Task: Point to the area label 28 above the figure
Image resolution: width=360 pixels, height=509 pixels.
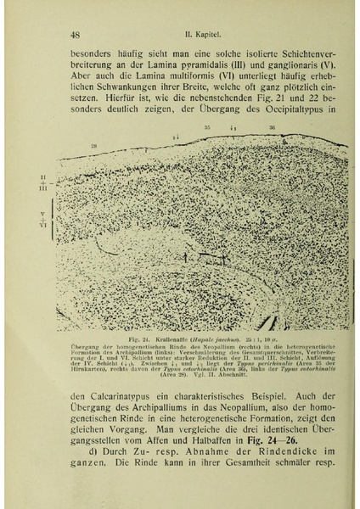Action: pyautogui.click(x=94, y=147)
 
